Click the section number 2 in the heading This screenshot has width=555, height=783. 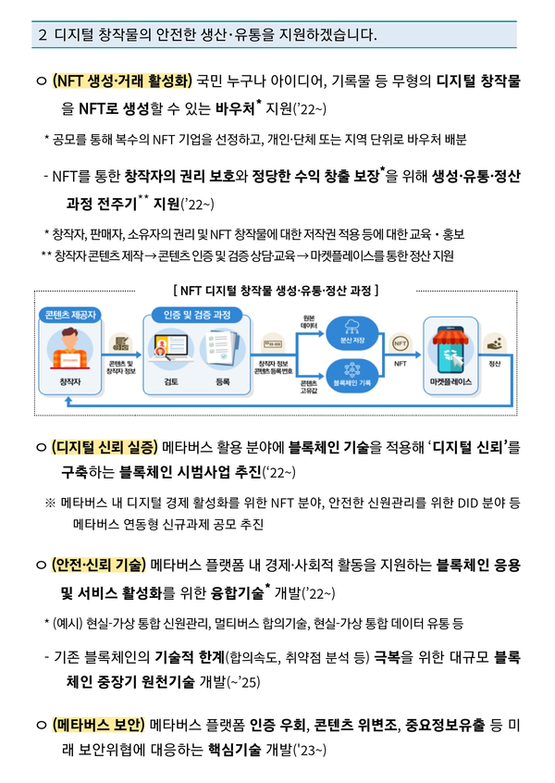(x=43, y=35)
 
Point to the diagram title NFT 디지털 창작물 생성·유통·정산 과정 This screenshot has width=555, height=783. (x=277, y=290)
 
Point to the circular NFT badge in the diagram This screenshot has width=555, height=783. (x=401, y=342)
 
